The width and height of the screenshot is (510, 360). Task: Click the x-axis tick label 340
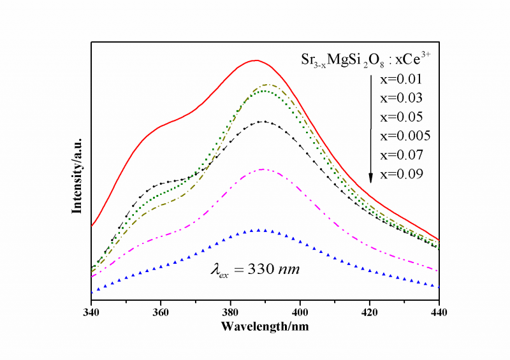point(91,313)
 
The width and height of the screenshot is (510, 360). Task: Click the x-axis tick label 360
point(161,313)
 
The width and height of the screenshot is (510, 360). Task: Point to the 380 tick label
point(230,313)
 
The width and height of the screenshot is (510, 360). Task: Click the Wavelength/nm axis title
point(265,326)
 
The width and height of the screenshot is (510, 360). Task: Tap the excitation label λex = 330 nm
point(255,270)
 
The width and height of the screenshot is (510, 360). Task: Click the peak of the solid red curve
point(256,61)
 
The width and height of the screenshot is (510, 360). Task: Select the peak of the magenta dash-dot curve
point(262,169)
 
